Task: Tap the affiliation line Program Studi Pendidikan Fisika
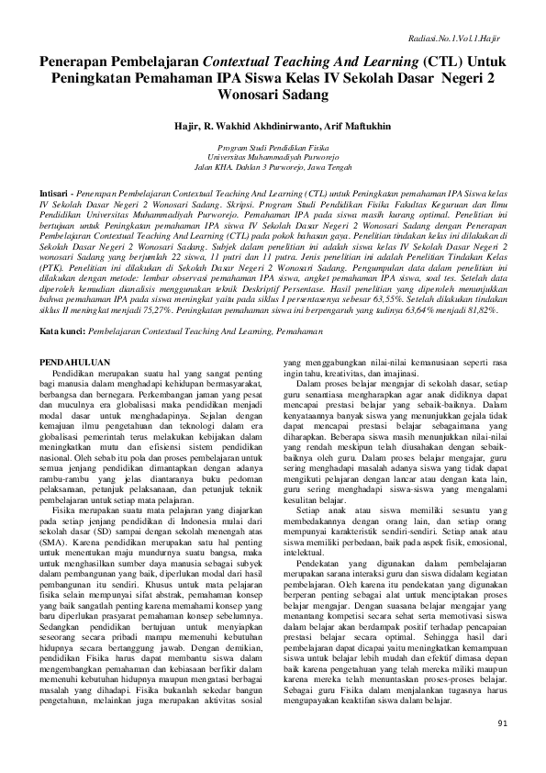pyautogui.click(x=273, y=147)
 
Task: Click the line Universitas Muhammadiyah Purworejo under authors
pyautogui.click(x=273, y=157)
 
